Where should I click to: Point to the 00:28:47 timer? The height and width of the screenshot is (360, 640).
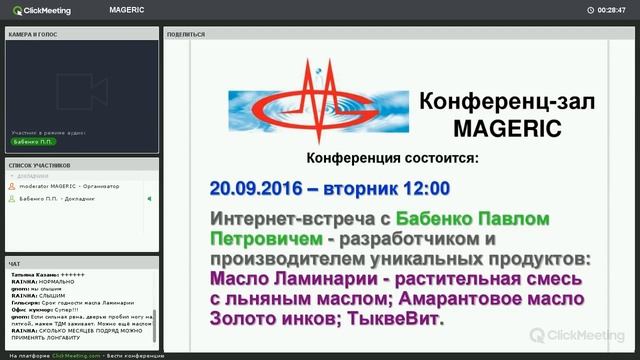point(611,10)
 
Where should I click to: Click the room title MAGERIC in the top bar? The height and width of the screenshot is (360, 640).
point(127,10)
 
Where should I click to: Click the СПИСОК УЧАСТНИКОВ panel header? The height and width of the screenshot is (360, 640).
point(40,165)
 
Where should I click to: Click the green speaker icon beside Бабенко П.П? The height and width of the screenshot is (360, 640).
point(149,199)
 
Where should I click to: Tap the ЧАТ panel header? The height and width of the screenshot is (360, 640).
point(15,265)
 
